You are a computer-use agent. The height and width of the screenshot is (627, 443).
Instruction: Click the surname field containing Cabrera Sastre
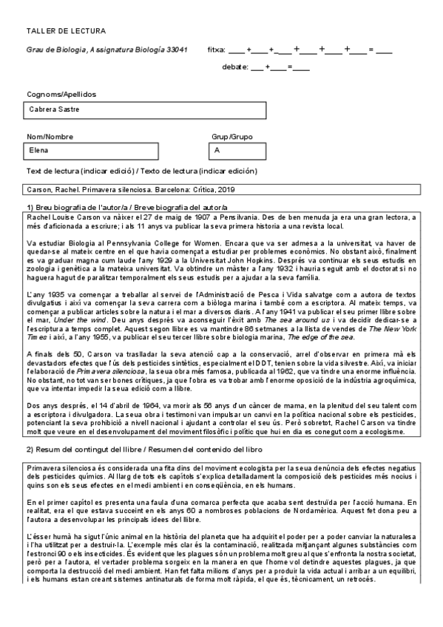pos(145,110)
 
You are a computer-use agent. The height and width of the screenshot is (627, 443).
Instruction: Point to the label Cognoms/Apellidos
pos(61,95)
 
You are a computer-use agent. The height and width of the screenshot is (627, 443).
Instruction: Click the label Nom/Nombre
pos(50,137)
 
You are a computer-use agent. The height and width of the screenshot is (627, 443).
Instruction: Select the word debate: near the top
pos(234,67)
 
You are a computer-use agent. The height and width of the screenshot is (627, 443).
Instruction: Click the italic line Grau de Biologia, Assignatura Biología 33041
pos(106,50)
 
